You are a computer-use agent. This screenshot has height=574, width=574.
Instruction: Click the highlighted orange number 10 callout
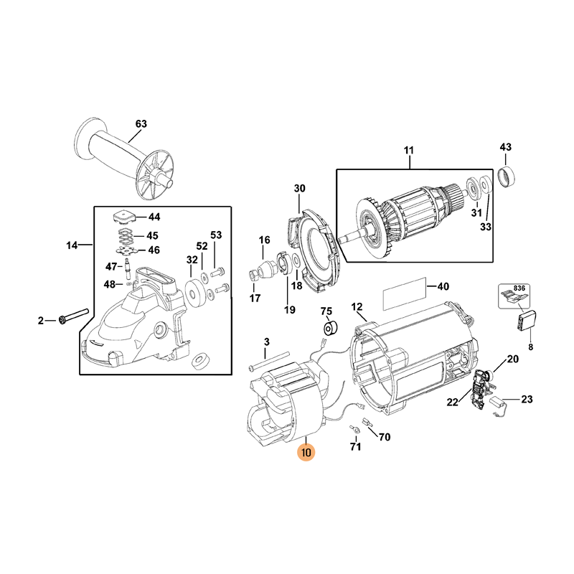[x=306, y=453]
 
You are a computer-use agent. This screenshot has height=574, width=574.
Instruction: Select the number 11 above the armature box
[x=409, y=150]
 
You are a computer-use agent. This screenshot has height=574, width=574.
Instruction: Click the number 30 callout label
[x=300, y=189]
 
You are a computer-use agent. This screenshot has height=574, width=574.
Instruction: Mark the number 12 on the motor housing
[x=357, y=307]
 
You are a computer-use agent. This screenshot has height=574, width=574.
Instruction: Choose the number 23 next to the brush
[x=527, y=400]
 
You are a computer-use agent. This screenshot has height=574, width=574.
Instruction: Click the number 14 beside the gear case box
[x=72, y=245]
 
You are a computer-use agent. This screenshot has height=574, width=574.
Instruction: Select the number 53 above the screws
[x=216, y=235]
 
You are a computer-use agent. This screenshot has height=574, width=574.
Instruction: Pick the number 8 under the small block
[x=531, y=347]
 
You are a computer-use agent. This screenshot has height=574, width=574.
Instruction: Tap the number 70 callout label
[x=384, y=436]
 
